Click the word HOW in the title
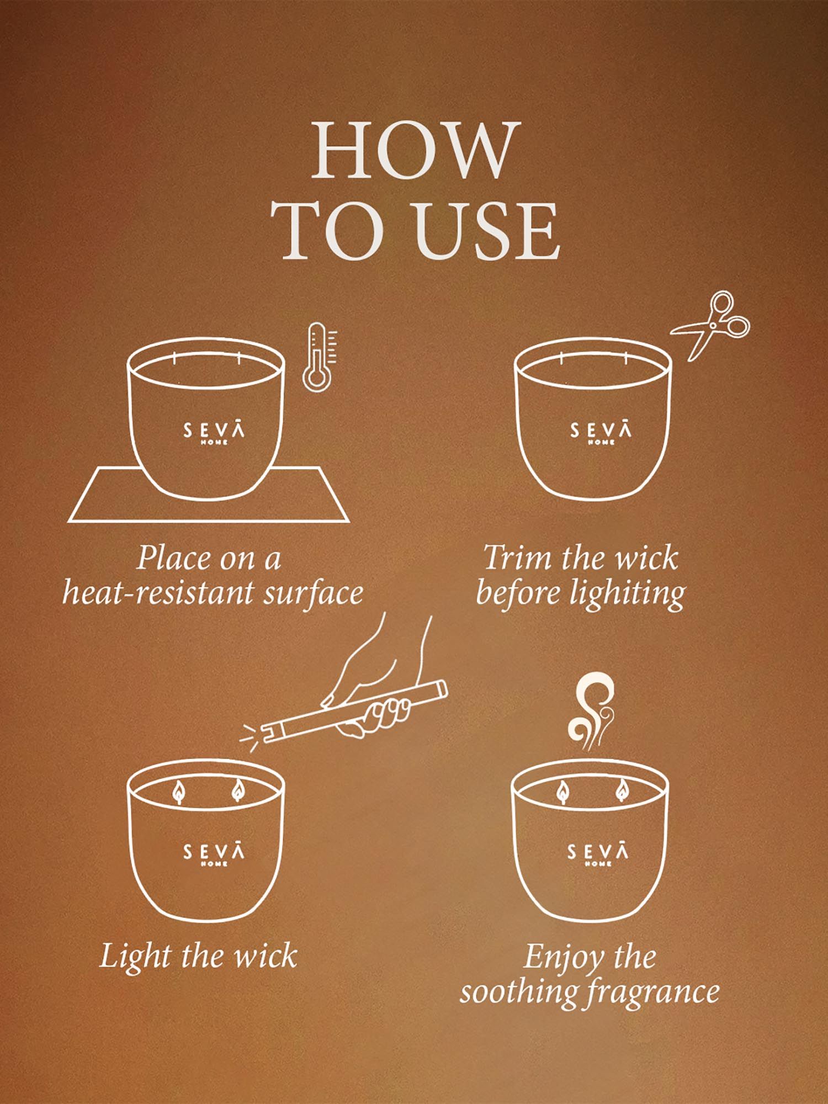(415, 150)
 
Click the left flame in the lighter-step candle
(179, 792)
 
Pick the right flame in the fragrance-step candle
(621, 791)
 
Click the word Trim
(518, 558)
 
